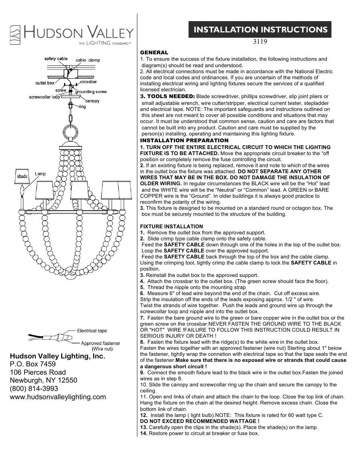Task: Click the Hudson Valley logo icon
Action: [x=15, y=35]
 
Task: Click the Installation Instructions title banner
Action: [x=260, y=30]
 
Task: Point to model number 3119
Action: [x=260, y=42]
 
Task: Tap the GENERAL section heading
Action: [x=154, y=52]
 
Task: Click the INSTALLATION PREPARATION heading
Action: [x=184, y=140]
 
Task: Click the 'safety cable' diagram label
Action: [x=56, y=58]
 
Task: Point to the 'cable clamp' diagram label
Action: [x=88, y=60]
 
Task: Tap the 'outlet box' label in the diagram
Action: [x=45, y=83]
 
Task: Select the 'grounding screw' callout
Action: [x=91, y=92]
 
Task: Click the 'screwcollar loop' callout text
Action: [x=45, y=97]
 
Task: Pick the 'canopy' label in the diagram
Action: [x=92, y=101]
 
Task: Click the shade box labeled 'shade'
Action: [x=22, y=176]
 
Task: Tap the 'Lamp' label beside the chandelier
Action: [x=40, y=174]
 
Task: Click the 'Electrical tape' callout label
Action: [x=92, y=331]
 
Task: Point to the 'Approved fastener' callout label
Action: [x=100, y=343]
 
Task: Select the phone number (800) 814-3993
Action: [x=34, y=388]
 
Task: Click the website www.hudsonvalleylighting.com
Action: [x=58, y=397]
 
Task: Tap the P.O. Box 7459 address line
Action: [x=33, y=364]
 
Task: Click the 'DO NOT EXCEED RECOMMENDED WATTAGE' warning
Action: [x=200, y=421]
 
